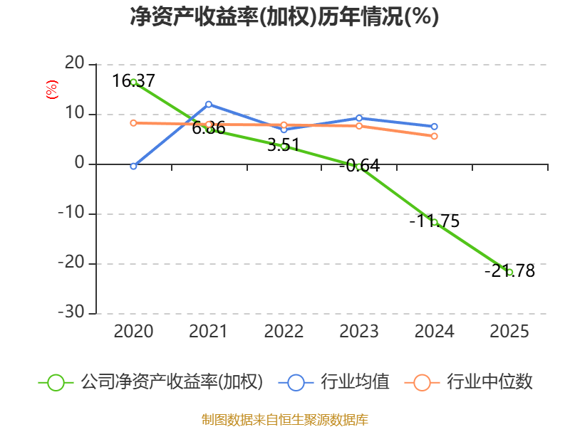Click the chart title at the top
[x=284, y=16]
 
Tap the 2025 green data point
[x=509, y=272]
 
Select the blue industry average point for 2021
[x=209, y=105]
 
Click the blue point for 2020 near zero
[x=133, y=166]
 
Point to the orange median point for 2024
[x=435, y=136]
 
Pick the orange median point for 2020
[x=133, y=123]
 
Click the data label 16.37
[x=133, y=80]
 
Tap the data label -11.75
[x=435, y=221]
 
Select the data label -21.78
[x=509, y=270]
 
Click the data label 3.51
[x=284, y=145]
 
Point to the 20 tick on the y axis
[x=75, y=63]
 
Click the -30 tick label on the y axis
[x=71, y=312]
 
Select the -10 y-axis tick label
[x=71, y=212]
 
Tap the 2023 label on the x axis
[x=359, y=331]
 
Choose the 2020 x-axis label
[x=133, y=331]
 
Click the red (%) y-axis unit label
[x=51, y=90]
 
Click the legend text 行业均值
[x=355, y=382]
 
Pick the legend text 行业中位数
[x=489, y=382]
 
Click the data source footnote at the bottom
[x=285, y=420]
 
